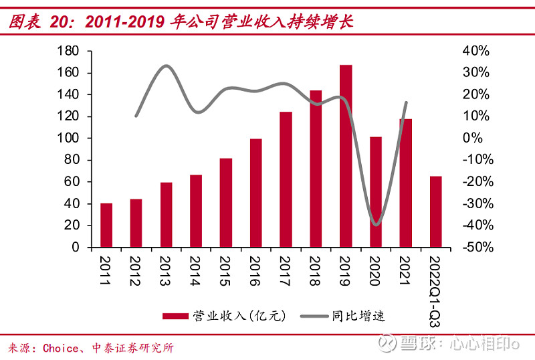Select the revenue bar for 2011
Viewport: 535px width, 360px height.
coord(106,225)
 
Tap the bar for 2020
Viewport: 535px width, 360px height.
coord(376,192)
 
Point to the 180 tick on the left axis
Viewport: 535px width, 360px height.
coord(69,51)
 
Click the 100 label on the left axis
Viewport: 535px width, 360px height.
coord(69,139)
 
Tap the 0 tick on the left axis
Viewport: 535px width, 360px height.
coord(75,248)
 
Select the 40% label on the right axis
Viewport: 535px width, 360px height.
coord(475,51)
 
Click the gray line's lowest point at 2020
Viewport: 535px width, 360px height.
coord(377,225)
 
